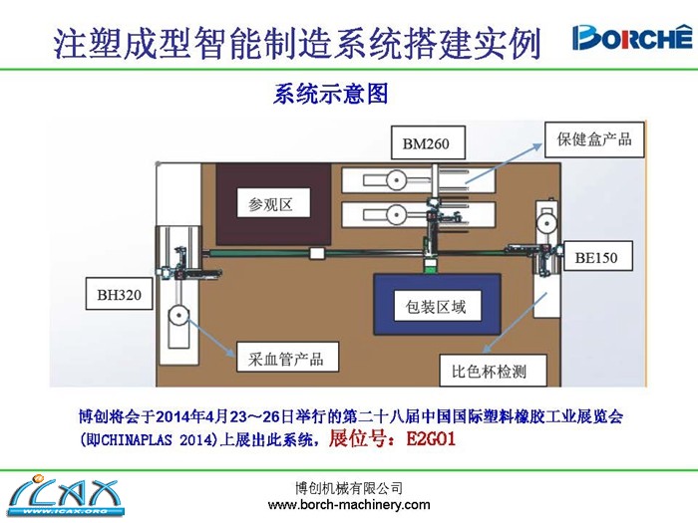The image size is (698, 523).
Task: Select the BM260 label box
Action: pyautogui.click(x=426, y=144)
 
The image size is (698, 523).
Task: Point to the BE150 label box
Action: pyautogui.click(x=595, y=257)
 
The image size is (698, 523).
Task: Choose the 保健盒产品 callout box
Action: pyautogui.click(x=594, y=138)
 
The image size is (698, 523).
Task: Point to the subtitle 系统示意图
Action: pyautogui.click(x=329, y=96)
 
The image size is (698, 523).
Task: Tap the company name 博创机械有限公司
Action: pyautogui.click(x=349, y=488)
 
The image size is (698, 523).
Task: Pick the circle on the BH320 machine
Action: pyautogui.click(x=177, y=319)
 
